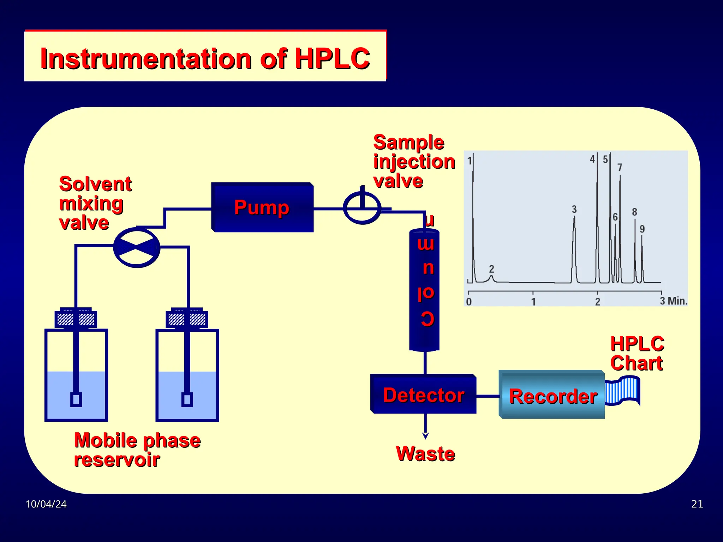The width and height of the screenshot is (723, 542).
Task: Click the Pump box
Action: click(262, 207)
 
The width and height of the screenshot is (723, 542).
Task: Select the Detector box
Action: click(423, 395)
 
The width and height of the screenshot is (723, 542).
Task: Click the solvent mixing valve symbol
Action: click(137, 248)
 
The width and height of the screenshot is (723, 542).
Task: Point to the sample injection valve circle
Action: click(362, 208)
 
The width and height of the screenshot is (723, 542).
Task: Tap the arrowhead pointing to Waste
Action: click(426, 436)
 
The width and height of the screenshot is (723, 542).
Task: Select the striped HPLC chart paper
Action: click(622, 391)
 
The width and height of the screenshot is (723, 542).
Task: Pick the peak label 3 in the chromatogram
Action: click(574, 209)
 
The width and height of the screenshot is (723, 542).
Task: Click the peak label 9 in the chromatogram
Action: click(642, 229)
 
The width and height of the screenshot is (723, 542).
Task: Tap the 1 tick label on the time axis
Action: click(533, 302)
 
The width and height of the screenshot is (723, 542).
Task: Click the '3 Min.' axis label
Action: click(674, 301)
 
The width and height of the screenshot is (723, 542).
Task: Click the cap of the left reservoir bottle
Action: click(76, 318)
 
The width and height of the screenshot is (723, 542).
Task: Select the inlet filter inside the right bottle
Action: click(187, 399)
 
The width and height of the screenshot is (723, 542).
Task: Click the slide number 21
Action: click(697, 504)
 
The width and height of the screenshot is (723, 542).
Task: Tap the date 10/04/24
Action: click(46, 504)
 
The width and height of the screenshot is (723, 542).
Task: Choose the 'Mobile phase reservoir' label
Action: click(137, 450)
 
